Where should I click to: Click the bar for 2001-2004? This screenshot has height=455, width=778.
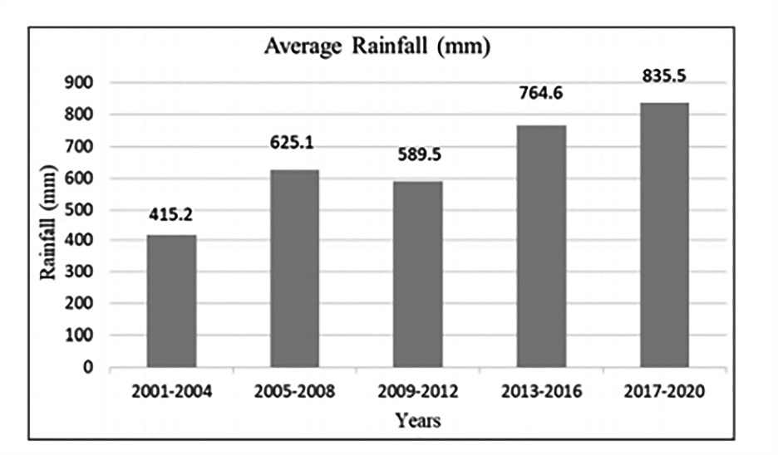click(x=171, y=301)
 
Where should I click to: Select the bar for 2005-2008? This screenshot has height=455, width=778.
click(x=294, y=268)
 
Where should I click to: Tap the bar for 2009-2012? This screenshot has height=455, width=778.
click(x=417, y=274)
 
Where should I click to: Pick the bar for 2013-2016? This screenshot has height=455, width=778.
click(x=541, y=246)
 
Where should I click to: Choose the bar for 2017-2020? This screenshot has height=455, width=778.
click(x=664, y=235)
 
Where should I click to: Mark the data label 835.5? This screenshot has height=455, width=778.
click(x=664, y=75)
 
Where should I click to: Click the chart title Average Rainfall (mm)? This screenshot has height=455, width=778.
click(x=377, y=46)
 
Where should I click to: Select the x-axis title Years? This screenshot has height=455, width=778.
click(x=417, y=420)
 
